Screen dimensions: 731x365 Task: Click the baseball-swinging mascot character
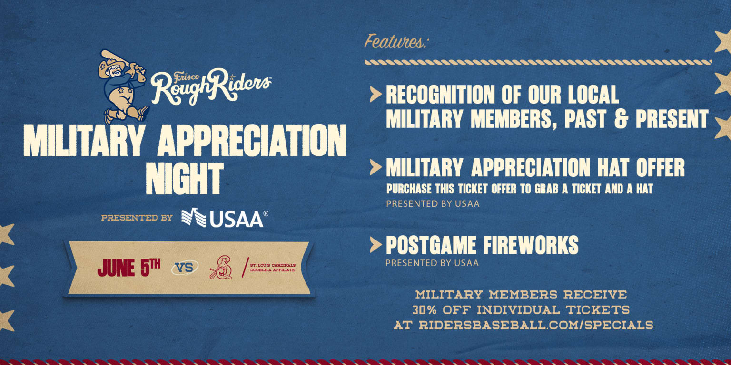coord(122,86)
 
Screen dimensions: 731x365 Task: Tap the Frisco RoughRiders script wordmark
coord(211,86)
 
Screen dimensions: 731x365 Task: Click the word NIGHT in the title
coord(184,178)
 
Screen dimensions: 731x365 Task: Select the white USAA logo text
coord(236,219)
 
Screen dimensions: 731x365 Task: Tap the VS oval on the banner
coord(185,268)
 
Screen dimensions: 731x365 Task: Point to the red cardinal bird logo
coord(221,268)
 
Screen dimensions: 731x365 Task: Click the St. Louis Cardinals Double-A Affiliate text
coord(273,268)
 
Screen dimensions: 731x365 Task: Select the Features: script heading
coord(395,42)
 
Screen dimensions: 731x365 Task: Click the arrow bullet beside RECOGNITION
coord(375,94)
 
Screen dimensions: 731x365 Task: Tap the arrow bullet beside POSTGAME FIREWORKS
coord(375,245)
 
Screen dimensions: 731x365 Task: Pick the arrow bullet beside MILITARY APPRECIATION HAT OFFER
coord(375,167)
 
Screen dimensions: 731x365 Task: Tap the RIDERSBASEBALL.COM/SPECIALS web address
coord(536,325)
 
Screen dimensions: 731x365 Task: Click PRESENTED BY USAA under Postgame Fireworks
coord(432,263)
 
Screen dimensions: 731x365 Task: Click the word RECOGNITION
coord(440,95)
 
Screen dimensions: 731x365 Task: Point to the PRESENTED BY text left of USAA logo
coord(137,218)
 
